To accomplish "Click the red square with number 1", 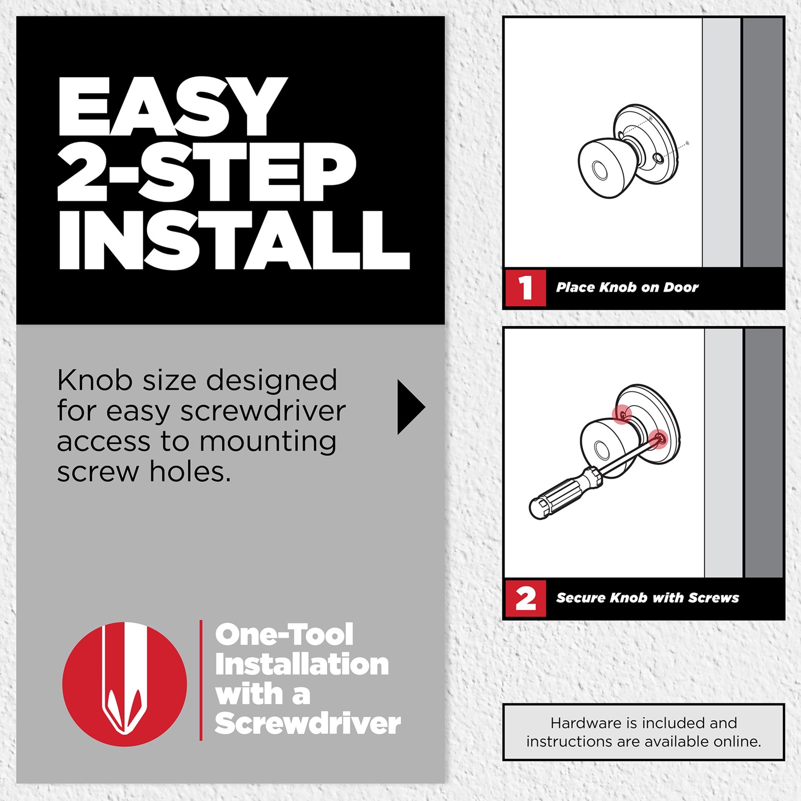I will point(525,288).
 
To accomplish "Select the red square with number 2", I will point(525,598).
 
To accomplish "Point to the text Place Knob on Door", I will point(627,287).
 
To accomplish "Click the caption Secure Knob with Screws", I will point(647,598).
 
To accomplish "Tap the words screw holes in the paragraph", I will point(144,472).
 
